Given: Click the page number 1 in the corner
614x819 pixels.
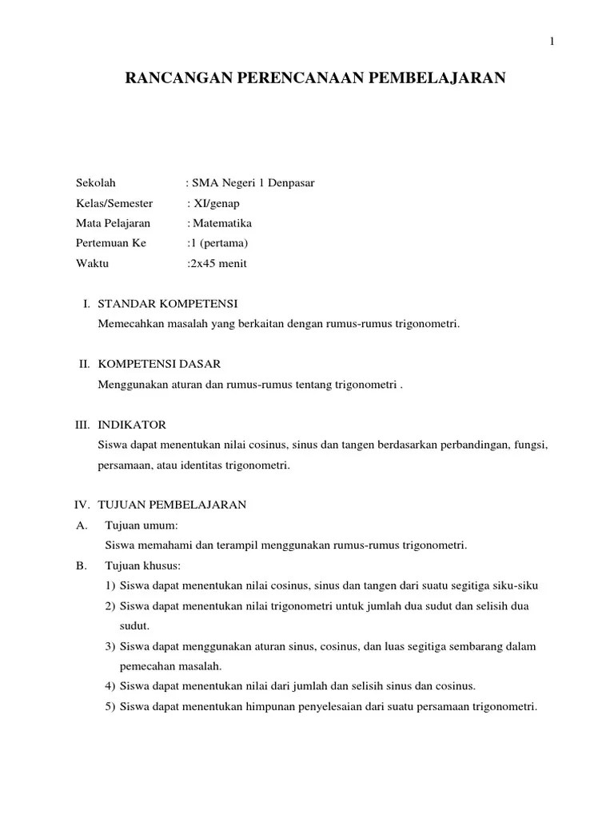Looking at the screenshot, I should coord(552,42).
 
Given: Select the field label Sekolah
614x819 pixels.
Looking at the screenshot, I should coord(95,183).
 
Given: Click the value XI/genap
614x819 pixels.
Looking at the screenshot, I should coord(216,203).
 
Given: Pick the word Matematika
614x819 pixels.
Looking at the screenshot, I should coord(221,223).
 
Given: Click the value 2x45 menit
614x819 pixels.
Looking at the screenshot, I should coord(219,263).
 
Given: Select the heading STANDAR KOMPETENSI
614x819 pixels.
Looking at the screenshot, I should coord(168,304).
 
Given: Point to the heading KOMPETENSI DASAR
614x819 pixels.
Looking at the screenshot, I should coord(159,364).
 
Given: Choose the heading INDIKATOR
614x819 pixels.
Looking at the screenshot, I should coord(132,424).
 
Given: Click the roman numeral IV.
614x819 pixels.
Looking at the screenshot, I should coord(80,505).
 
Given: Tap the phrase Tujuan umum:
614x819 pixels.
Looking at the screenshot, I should coord(141,525).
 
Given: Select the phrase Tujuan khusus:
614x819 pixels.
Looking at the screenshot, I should coord(142,565).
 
